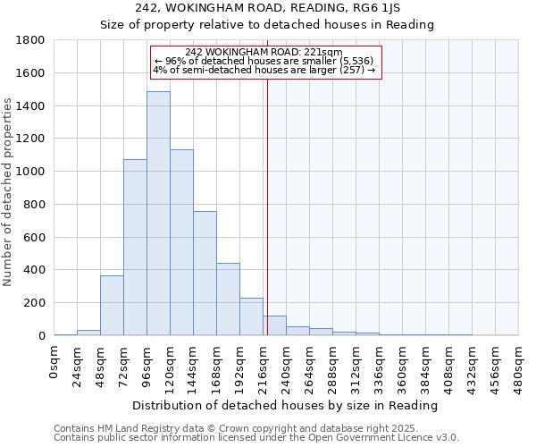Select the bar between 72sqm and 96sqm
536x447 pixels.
(135, 247)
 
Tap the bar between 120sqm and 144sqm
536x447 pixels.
(181, 242)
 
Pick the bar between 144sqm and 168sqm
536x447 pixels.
(205, 273)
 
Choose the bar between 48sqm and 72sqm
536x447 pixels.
(112, 305)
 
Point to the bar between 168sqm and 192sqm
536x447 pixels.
(228, 299)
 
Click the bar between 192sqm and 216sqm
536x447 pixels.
(251, 316)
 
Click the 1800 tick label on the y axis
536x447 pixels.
(31, 40)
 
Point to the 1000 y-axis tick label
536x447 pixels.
(31, 172)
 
